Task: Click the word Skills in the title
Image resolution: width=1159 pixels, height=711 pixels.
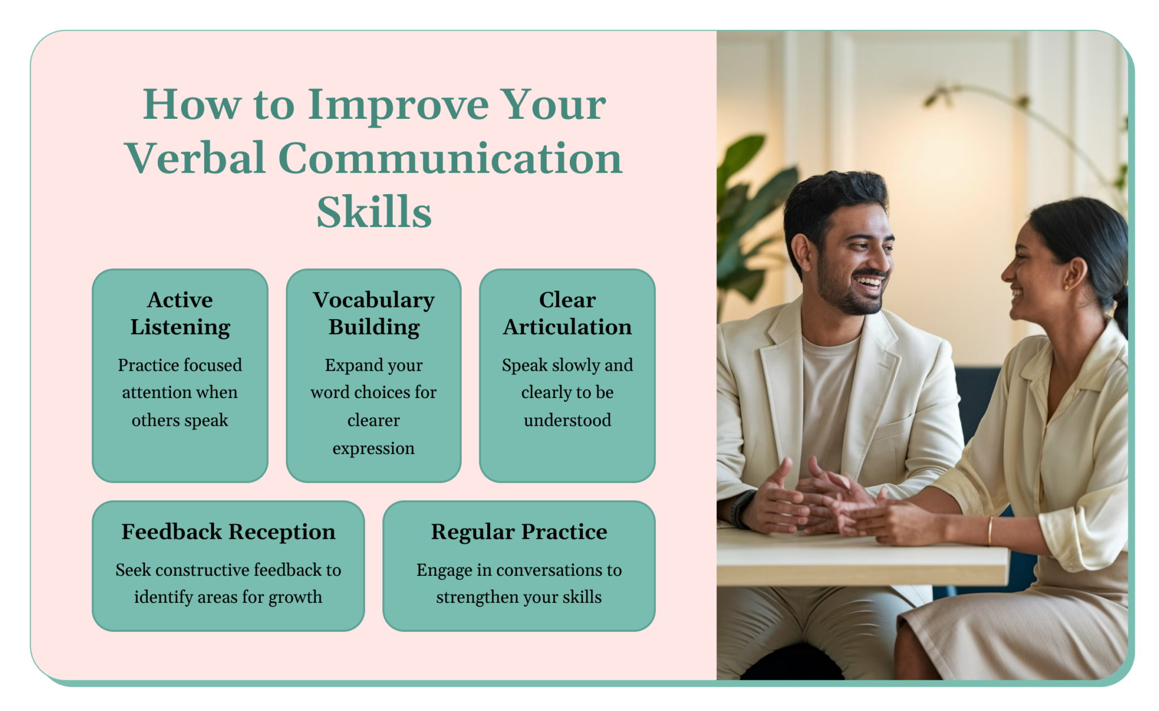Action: coord(374,212)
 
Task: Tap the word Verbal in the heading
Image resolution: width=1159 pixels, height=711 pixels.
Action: coord(195,159)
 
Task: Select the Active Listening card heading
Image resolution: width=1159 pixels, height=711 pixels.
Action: coord(180,313)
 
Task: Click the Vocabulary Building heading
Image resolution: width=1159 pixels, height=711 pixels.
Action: coord(374,313)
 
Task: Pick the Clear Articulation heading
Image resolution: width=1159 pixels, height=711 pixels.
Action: coord(567,313)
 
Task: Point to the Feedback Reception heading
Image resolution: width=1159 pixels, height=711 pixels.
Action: coord(228,532)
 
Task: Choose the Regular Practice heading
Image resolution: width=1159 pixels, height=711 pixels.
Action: coord(519,532)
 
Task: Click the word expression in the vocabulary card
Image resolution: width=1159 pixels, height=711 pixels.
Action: coord(374,448)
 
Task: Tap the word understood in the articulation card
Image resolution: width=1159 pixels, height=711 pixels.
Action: coord(567,420)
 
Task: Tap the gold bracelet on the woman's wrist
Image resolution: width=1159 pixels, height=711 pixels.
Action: coord(990,530)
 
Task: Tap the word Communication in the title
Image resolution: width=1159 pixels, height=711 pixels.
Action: coord(450,159)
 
